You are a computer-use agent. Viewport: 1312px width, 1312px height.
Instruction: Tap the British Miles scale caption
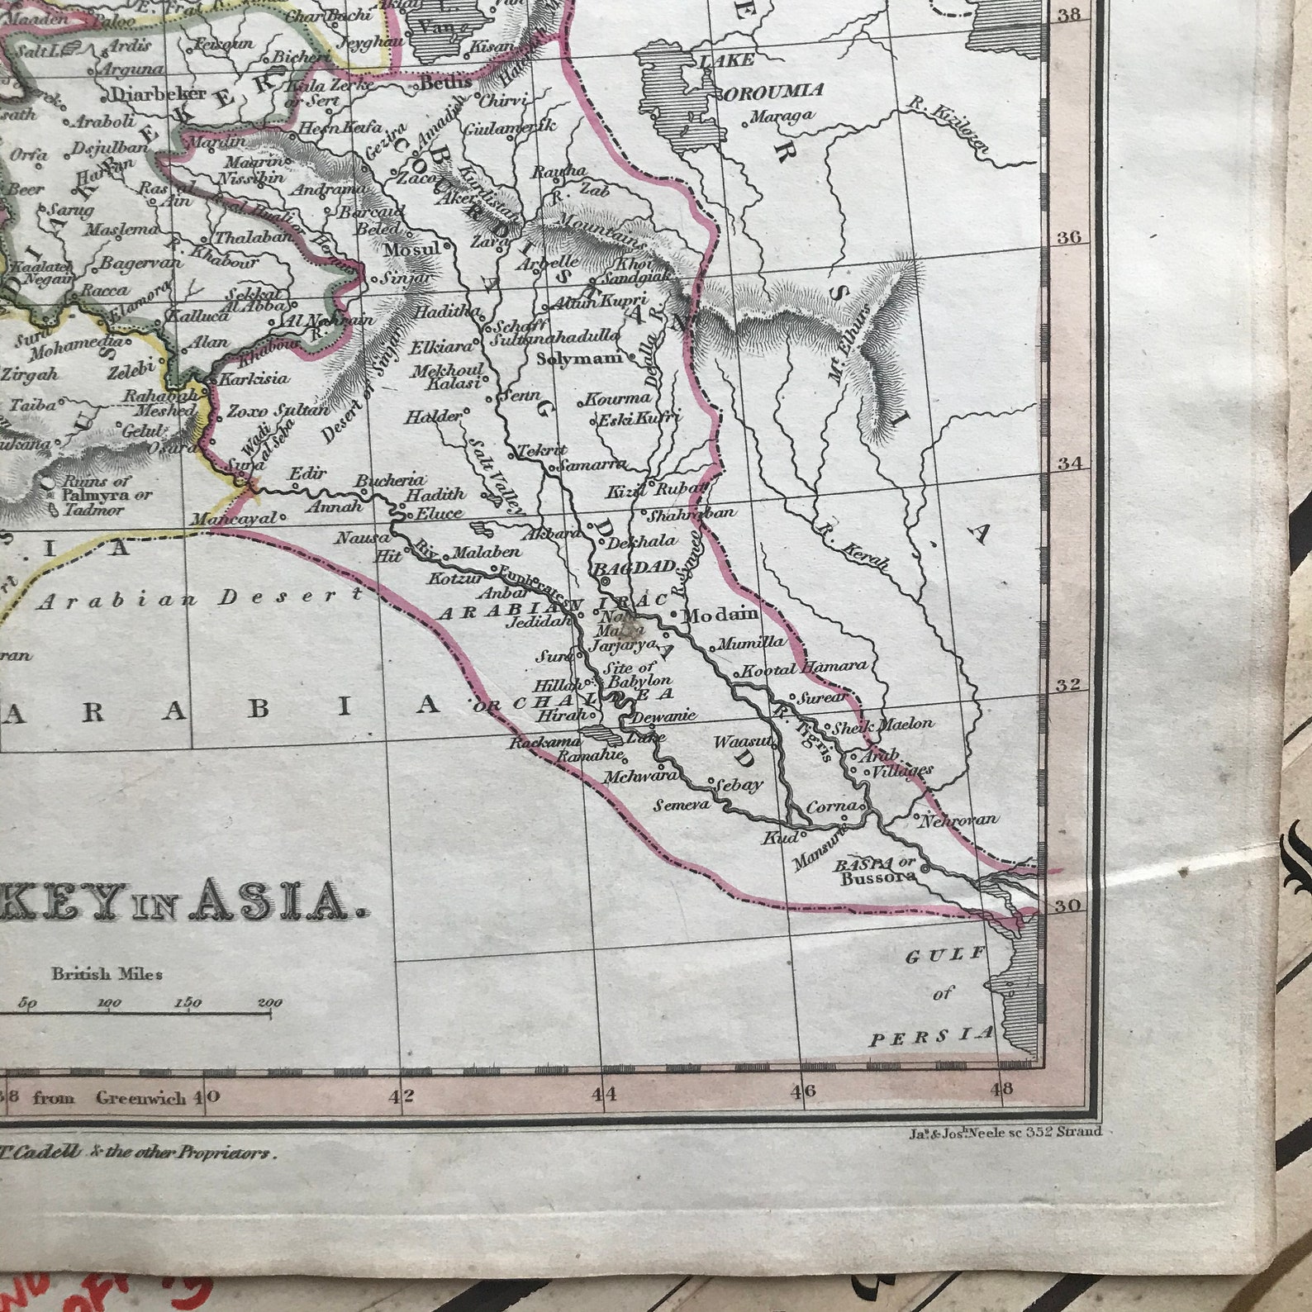(107, 974)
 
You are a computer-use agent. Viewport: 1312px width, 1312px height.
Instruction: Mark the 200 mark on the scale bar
(269, 1004)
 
